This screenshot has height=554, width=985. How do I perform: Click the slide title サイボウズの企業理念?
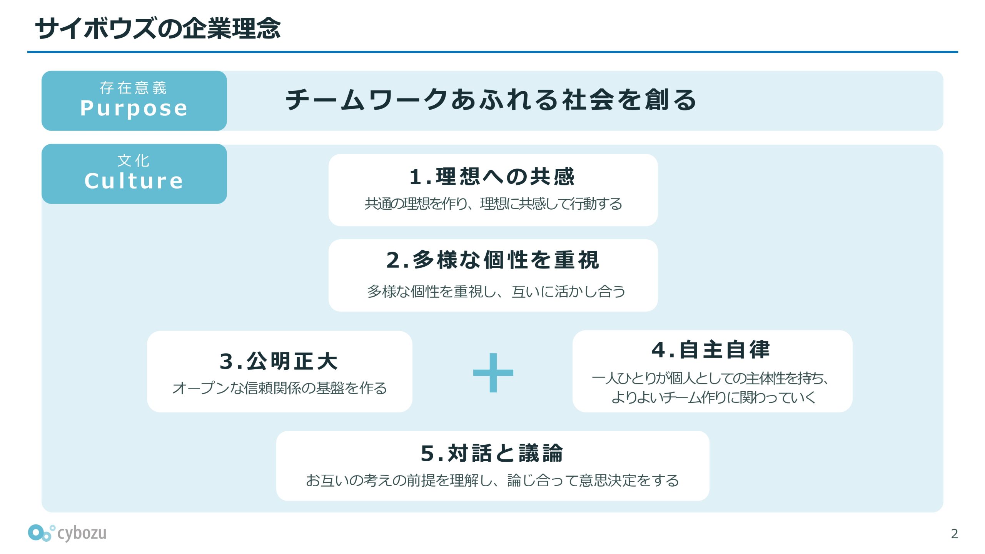point(158,28)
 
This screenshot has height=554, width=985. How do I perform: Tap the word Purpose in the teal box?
point(134,108)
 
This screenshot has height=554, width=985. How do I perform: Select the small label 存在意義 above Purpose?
point(133,88)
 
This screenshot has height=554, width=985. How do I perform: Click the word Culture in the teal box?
point(134,181)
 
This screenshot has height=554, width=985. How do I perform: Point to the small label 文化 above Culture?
point(134,161)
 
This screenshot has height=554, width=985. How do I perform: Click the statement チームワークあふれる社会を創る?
point(491,100)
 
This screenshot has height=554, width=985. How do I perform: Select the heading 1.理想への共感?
point(492,177)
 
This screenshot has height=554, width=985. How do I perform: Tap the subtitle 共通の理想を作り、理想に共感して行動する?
point(493,204)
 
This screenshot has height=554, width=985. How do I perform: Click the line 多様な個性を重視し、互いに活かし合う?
point(496,292)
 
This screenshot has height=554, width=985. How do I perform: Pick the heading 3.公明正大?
point(279,361)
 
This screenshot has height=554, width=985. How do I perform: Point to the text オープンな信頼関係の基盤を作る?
point(280,388)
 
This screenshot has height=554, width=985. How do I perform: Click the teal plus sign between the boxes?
point(493,372)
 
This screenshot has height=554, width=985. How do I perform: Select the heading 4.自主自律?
point(711,350)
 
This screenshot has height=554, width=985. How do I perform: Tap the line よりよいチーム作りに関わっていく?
point(713,397)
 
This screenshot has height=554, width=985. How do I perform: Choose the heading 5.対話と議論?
point(492,453)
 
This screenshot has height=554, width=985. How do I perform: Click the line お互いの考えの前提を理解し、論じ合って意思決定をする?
point(492,481)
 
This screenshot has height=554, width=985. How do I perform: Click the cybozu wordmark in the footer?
point(82,533)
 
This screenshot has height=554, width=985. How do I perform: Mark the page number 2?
point(954,534)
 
